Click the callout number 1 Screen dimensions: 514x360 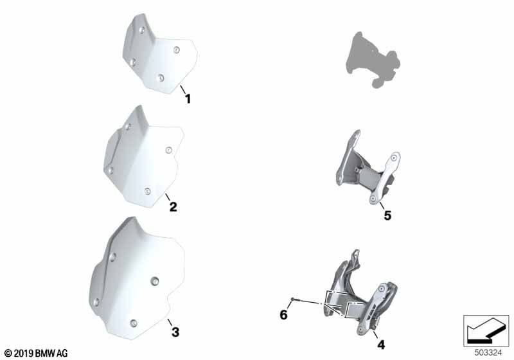(x=188, y=98)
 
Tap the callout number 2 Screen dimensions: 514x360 (x=173, y=206)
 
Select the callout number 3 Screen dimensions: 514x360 (x=175, y=332)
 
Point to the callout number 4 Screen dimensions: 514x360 (x=381, y=345)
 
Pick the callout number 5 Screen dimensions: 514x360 (x=387, y=216)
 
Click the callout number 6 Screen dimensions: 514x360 (x=283, y=315)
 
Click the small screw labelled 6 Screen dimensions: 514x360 (x=293, y=299)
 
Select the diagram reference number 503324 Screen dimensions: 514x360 (x=488, y=353)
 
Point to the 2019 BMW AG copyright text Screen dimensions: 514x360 (x=36, y=353)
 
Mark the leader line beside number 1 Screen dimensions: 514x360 (x=182, y=89)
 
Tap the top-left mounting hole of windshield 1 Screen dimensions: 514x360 (x=141, y=30)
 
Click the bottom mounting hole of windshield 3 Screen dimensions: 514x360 (x=133, y=323)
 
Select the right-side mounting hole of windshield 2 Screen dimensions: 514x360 (x=168, y=150)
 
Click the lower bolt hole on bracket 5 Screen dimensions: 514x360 (x=373, y=199)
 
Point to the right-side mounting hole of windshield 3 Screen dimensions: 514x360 (x=155, y=281)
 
